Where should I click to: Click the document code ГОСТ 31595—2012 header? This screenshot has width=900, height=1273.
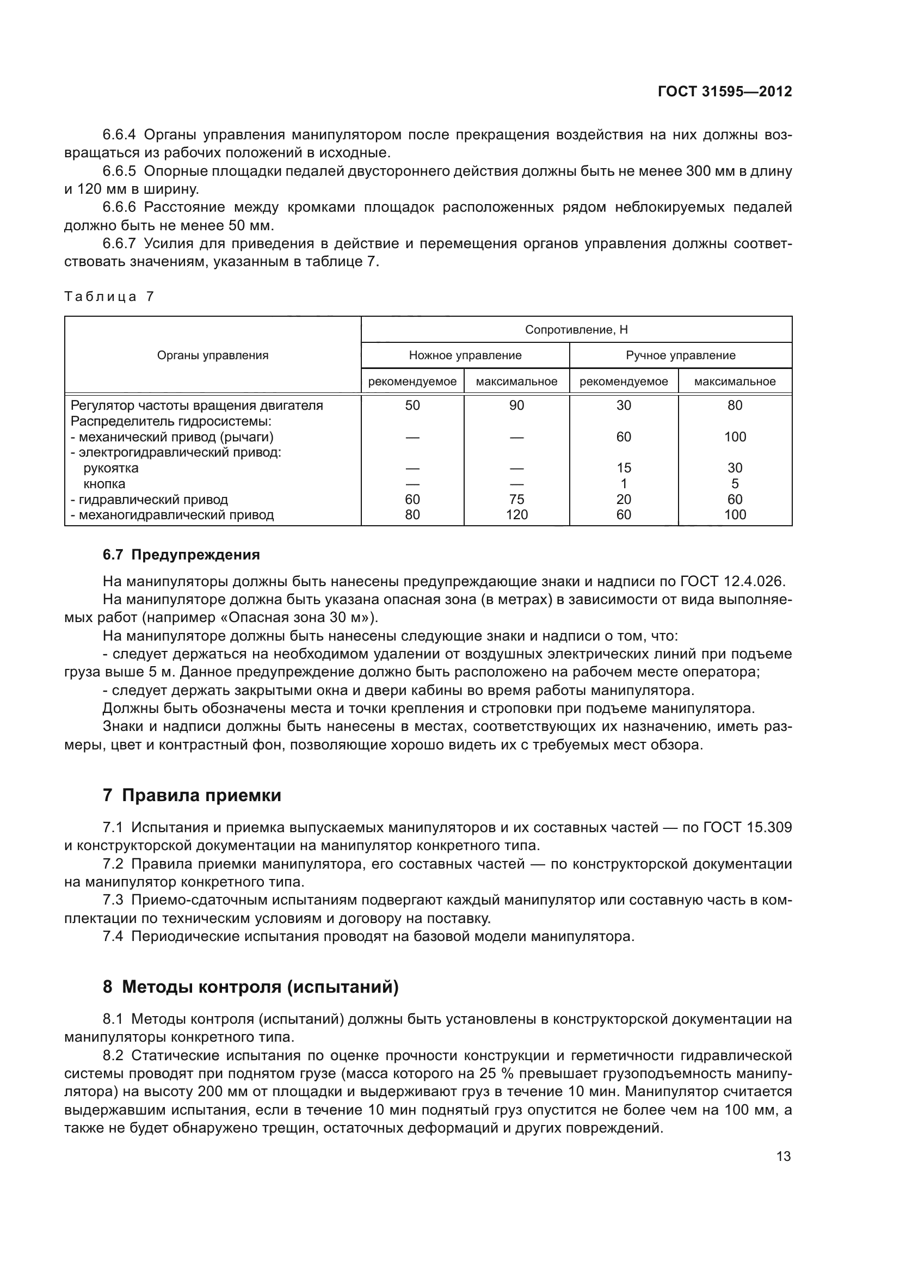(724, 91)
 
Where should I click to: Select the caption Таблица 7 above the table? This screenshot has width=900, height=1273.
(109, 297)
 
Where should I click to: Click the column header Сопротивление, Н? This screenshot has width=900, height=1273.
(576, 330)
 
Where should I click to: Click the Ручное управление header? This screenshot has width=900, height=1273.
(680, 355)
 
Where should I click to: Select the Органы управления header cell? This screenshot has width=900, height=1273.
(213, 355)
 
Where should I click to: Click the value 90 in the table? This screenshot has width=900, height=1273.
(516, 405)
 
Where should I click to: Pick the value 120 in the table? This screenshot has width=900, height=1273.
(516, 514)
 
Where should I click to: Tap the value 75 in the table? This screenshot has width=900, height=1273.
(516, 499)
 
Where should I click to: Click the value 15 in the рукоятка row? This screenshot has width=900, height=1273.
(624, 468)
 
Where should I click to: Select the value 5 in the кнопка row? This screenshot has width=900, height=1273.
(735, 483)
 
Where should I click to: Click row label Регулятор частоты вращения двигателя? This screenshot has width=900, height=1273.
(197, 405)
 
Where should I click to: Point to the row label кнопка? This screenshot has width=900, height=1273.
(104, 483)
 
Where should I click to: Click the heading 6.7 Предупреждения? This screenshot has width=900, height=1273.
(181, 555)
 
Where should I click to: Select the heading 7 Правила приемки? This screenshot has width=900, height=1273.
(192, 795)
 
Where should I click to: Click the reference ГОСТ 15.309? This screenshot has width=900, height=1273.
(747, 827)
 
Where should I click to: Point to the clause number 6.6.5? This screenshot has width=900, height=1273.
(119, 171)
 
